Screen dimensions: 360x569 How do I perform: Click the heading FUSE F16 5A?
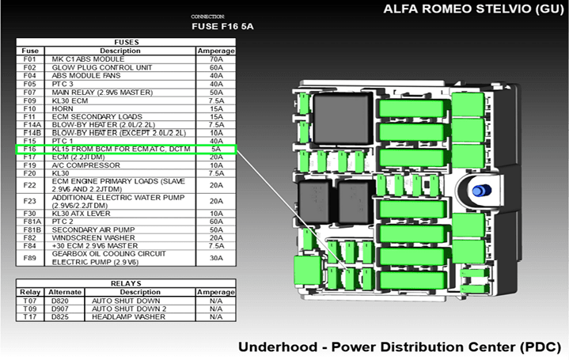pos(228,26)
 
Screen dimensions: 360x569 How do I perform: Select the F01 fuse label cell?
pos(29,59)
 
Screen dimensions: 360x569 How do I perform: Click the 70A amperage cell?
pos(215,59)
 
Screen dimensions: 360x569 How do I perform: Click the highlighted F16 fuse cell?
pos(29,149)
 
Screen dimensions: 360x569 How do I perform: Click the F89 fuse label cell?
pos(29,258)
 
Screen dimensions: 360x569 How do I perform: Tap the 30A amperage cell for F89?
pos(215,258)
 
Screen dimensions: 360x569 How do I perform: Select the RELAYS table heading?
pos(126,282)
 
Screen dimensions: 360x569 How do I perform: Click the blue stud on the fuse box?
pos(478,191)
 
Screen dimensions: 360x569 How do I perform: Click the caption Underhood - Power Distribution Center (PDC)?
pos(399,347)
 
